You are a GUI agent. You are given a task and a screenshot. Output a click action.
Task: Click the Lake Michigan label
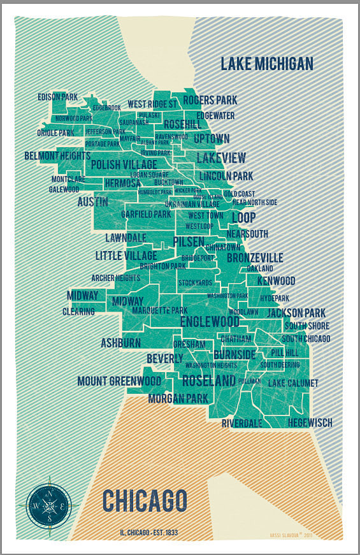267,64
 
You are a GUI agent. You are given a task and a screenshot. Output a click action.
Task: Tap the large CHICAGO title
145,501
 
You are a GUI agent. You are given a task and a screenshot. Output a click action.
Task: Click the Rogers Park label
210,100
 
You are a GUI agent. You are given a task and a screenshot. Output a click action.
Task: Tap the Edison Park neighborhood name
57,97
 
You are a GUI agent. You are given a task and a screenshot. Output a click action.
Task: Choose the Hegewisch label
310,422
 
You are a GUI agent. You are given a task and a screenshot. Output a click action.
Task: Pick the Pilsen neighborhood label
189,242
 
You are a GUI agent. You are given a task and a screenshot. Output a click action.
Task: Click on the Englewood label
210,322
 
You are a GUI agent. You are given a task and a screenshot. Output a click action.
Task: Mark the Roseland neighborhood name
209,381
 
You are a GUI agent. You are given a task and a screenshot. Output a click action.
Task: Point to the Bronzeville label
255,257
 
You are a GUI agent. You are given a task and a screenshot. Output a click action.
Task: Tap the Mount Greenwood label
119,381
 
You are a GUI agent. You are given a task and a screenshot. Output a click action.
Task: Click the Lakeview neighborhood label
221,158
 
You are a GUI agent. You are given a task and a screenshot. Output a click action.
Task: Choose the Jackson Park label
296,313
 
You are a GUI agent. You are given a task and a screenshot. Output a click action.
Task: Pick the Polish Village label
124,164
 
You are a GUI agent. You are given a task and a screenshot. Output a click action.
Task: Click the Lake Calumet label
293,383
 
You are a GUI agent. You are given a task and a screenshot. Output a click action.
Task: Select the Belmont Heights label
57,155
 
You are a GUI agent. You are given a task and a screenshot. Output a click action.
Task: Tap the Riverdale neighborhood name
242,423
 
